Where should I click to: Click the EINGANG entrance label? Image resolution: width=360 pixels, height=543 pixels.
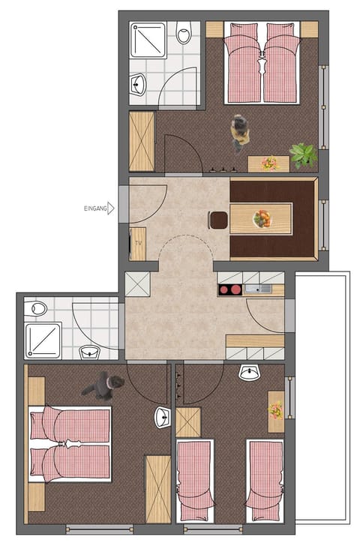coord(95,208)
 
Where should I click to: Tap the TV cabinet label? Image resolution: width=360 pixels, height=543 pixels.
coord(139,243)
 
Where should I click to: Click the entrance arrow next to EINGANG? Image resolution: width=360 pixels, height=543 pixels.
coord(111,208)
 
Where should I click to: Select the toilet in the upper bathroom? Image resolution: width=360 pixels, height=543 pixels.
coord(184,32)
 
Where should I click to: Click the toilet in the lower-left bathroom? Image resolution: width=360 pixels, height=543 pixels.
coord(35,308)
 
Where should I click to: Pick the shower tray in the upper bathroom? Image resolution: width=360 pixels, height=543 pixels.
coord(148,40)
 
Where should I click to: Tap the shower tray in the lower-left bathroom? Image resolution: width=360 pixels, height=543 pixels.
coord(43,340)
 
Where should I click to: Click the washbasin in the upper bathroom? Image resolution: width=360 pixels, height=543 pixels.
coord(138,84)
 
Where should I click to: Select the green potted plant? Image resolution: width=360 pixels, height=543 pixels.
coord(303,155)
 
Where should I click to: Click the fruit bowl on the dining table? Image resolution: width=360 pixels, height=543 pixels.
coord(262,219)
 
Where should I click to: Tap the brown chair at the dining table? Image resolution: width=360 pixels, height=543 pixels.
coord(218,220)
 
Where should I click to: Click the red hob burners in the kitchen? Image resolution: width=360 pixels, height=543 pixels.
coord(229,289)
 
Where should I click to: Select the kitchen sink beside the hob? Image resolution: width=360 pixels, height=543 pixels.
coord(258,288)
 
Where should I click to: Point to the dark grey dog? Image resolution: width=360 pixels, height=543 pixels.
coord(103,385)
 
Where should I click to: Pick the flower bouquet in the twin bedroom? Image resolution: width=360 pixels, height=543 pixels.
coord(276,410)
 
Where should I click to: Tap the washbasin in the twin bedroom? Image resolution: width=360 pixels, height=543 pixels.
coord(249,372)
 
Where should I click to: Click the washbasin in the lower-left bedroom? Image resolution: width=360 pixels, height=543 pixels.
coord(163,417)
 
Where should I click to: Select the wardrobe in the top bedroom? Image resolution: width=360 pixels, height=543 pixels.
coord(142,141)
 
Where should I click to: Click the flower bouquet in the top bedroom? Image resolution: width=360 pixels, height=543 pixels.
coord(270,163)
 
